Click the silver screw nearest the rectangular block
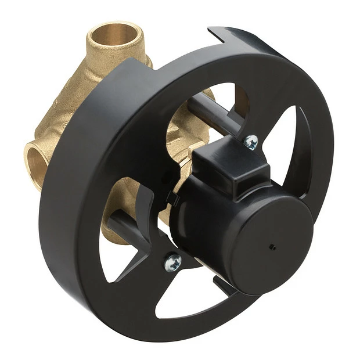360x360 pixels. [x=251, y=141]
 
